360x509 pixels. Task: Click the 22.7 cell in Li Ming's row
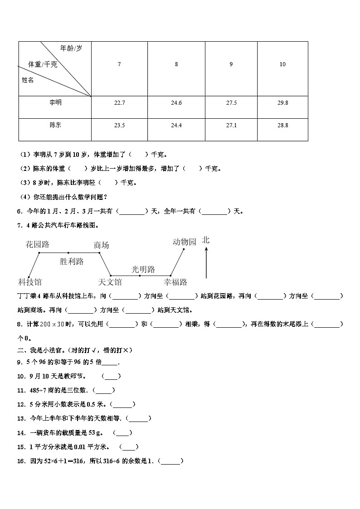coord(119,103)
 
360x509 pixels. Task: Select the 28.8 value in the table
coord(282,125)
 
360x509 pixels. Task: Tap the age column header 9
coord(231,64)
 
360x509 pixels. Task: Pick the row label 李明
coord(55,103)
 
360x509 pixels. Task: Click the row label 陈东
coord(55,125)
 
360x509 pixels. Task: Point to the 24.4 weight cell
coord(176,125)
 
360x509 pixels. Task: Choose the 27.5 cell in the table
coord(231,103)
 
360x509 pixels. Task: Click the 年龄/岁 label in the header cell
coord(71,48)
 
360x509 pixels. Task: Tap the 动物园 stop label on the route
coord(185,242)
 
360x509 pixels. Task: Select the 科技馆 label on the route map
coord(30,282)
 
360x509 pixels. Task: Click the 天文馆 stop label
coord(110,282)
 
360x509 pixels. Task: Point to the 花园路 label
coord(38,245)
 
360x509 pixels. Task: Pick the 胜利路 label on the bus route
coord(72,261)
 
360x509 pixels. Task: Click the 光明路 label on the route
coord(143,269)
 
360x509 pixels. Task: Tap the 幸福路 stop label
coord(175,282)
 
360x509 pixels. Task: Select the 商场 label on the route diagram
coord(102,245)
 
